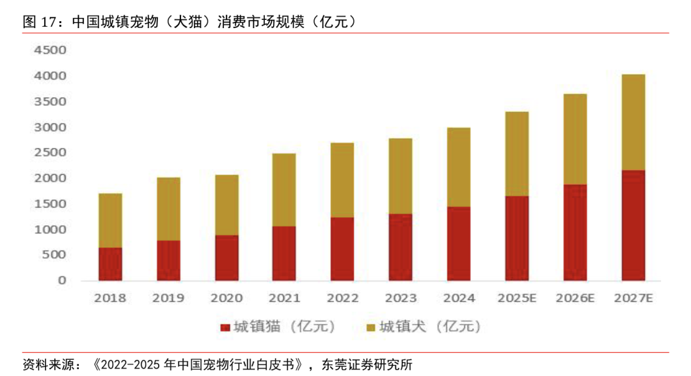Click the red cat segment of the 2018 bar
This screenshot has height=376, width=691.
coord(110,263)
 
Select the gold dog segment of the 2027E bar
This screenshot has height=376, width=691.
coord(633,122)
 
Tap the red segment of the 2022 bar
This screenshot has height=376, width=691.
coord(342,249)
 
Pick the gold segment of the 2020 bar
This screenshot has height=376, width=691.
coord(226,205)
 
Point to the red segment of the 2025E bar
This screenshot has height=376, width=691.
coord(517,238)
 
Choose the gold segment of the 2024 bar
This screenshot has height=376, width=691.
coord(459,167)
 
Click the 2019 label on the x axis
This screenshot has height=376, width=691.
coord(168,298)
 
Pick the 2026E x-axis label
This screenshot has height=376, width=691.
coord(575,298)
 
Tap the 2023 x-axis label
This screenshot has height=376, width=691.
coord(401,298)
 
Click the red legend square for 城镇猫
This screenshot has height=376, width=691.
coord(224,328)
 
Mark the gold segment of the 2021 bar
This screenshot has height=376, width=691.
coord(284,190)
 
